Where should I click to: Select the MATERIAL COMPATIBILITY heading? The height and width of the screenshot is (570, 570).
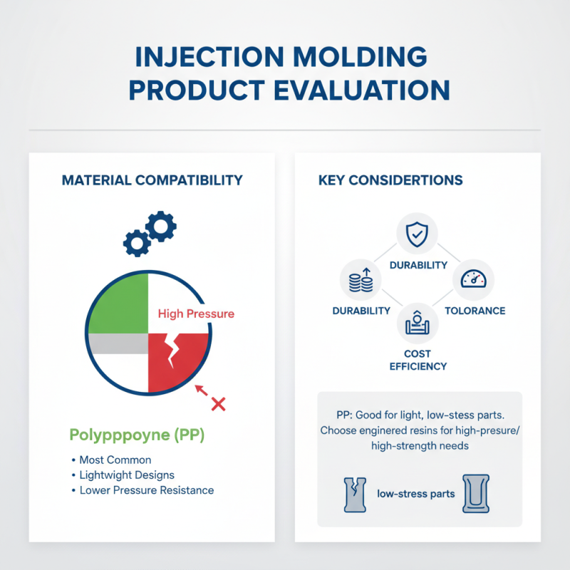click(152, 180)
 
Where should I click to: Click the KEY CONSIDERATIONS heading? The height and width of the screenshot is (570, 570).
click(390, 180)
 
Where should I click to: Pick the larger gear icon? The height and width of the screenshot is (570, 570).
click(161, 226)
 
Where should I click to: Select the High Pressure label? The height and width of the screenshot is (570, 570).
click(195, 313)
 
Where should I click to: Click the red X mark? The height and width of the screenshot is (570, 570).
click(219, 404)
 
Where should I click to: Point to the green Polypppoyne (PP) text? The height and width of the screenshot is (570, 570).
click(137, 435)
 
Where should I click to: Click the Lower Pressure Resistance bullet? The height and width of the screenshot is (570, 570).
click(146, 490)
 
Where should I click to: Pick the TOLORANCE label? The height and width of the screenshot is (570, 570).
click(475, 311)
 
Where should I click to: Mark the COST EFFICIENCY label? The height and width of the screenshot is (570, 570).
click(418, 360)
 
